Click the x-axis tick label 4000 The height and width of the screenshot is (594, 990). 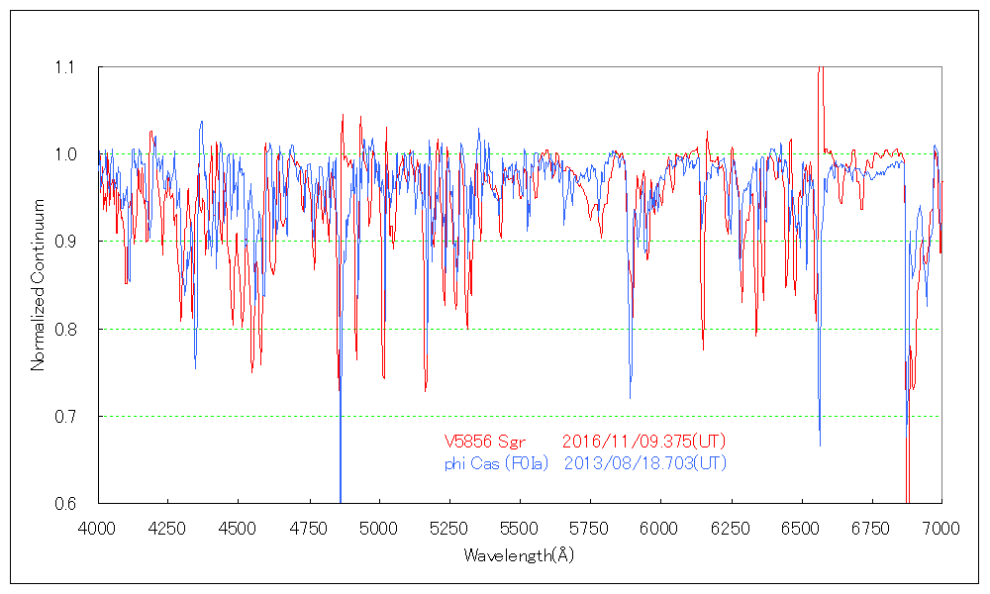pos(97,530)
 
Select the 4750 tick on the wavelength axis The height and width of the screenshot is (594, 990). pos(309,530)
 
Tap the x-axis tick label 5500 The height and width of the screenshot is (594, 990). pos(520,530)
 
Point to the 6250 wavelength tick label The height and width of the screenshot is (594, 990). pos(731,530)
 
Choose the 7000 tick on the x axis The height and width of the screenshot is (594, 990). pos(941,530)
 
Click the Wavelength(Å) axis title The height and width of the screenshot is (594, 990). pos(519,555)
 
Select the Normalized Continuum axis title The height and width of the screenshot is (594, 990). pos(39,284)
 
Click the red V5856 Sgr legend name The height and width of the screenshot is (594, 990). pos(481,441)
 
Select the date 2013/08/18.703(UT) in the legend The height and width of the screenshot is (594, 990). pos(644,462)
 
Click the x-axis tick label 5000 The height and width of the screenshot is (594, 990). pos(379,530)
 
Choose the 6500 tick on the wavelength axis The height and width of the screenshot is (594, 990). pos(801,530)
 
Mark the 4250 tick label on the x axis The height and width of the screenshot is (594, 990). pos(167,530)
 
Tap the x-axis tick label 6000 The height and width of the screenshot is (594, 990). pos(660,530)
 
